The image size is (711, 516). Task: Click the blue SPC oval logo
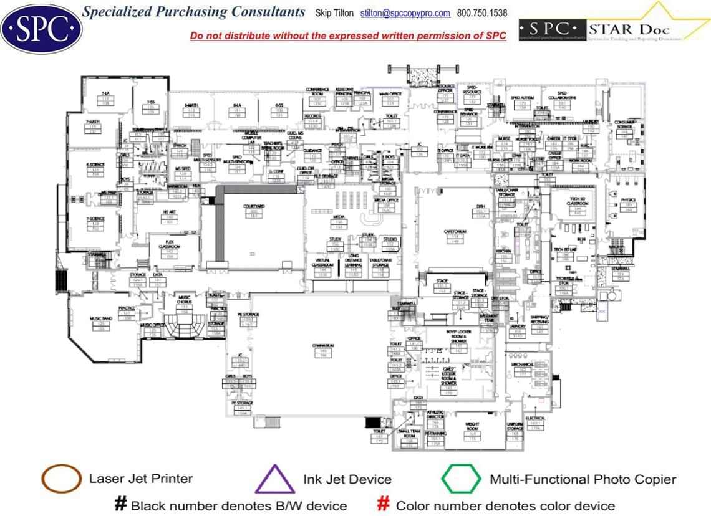coord(41,27)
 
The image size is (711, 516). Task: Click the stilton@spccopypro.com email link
coord(405,13)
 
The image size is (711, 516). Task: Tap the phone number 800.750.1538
coord(482,13)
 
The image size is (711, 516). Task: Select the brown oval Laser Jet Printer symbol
coord(61,479)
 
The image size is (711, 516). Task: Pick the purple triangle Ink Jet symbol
coord(274,479)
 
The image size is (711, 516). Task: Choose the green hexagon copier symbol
coord(461,479)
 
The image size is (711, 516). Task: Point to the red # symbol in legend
coord(384,504)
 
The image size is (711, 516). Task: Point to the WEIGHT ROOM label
coord(472,428)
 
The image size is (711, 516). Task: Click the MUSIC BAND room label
coord(100,319)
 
